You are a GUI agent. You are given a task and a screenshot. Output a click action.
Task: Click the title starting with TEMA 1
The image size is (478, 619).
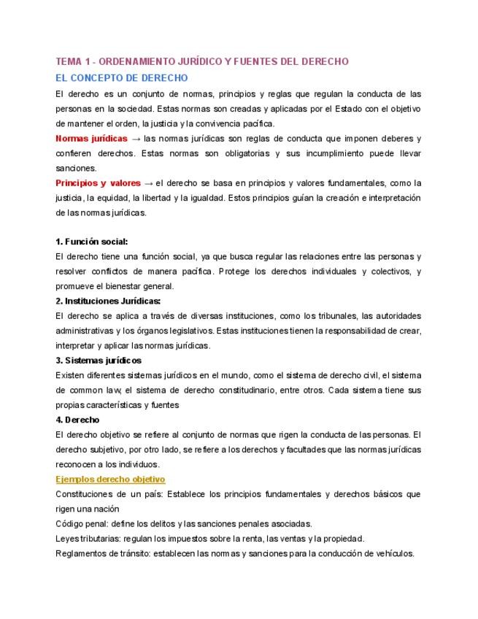pyautogui.click(x=202, y=62)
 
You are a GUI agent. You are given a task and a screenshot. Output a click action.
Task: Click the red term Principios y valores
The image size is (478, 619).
pyautogui.click(x=98, y=182)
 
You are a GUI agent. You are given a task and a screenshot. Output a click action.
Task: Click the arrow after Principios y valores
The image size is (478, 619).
pyautogui.click(x=149, y=182)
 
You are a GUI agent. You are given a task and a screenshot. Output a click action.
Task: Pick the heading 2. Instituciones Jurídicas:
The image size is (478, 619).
pyautogui.click(x=108, y=301)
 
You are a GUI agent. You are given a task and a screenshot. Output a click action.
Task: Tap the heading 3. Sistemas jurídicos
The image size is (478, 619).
pyautogui.click(x=99, y=361)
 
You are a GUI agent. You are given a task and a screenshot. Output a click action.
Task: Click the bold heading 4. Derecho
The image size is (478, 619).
pyautogui.click(x=77, y=420)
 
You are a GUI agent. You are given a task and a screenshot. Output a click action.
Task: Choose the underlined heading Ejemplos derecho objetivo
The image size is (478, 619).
pyautogui.click(x=110, y=479)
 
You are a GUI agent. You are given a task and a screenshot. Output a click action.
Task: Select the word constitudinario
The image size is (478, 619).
pyautogui.click(x=274, y=390)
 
